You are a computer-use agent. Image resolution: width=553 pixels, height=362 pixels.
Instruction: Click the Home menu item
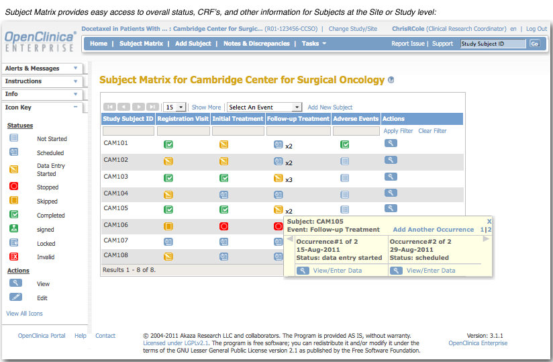[98, 44]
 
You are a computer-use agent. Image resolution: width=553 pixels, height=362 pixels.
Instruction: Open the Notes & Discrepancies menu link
[256, 44]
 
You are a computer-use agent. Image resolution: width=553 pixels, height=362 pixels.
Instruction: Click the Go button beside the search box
[534, 44]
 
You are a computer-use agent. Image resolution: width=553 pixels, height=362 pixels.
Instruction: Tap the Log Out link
[536, 29]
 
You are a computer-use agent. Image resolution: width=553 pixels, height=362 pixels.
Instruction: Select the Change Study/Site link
[352, 29]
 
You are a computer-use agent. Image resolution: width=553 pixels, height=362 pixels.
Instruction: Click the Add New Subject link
[330, 107]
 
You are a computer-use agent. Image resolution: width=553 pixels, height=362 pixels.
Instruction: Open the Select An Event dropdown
[264, 107]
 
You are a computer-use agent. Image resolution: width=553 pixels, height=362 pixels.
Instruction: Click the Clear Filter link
[432, 131]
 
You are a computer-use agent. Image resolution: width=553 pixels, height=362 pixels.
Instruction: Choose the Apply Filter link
[398, 131]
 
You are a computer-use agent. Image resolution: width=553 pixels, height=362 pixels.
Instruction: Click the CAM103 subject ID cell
[115, 177]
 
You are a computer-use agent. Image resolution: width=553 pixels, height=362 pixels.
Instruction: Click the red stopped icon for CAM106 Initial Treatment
[224, 226]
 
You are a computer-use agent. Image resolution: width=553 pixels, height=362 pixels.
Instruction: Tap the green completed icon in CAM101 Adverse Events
[344, 144]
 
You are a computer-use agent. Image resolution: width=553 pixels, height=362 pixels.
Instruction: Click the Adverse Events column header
[356, 119]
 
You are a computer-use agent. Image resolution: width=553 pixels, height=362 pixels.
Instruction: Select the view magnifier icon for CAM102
[391, 160]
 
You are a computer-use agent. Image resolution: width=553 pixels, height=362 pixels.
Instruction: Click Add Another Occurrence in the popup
[433, 230]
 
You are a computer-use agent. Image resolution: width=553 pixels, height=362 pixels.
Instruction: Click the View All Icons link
[24, 314]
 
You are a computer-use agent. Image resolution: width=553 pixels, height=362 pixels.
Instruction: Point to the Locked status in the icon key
[46, 244]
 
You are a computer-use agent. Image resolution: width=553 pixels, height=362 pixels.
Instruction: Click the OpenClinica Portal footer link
[42, 336]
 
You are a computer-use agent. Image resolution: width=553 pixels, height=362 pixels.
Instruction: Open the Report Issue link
[408, 44]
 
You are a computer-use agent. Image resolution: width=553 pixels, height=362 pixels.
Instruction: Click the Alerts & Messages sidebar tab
[33, 69]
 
